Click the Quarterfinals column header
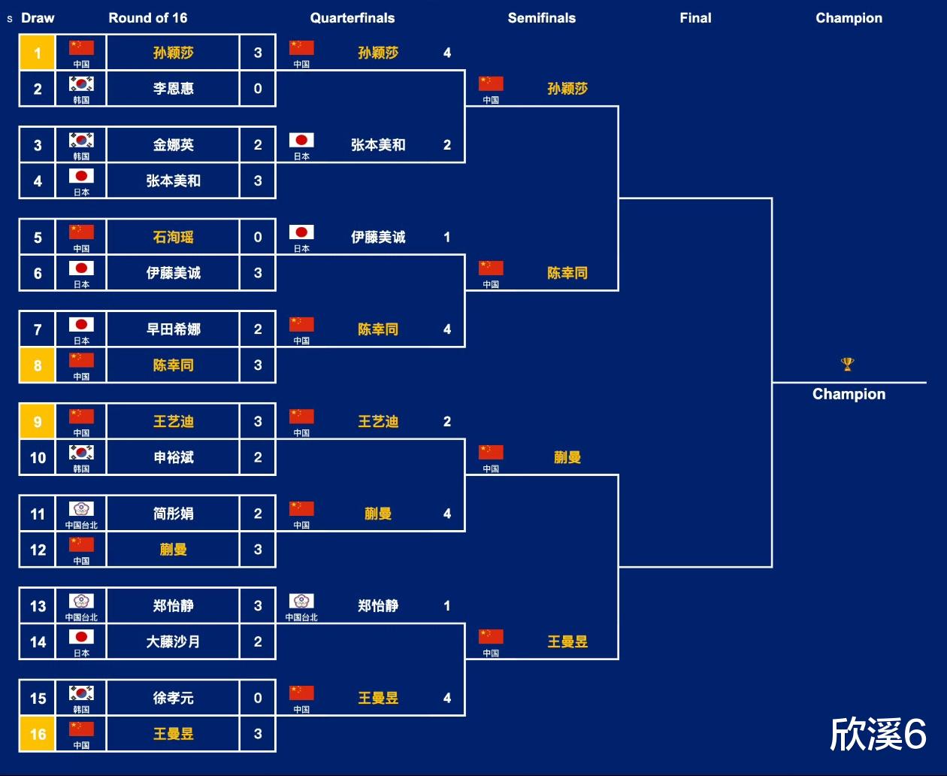(352, 18)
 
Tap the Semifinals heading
(541, 18)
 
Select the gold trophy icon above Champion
(848, 365)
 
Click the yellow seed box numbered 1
(38, 53)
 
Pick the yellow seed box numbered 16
(38, 734)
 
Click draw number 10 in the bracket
(38, 457)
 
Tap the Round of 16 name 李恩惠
(174, 89)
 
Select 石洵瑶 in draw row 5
(174, 237)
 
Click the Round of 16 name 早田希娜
(174, 329)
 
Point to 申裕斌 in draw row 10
(174, 457)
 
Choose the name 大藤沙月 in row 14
(174, 641)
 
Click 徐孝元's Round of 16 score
(258, 698)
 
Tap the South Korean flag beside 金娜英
(81, 140)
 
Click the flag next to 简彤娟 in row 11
(81, 509)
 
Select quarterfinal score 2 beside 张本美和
(447, 145)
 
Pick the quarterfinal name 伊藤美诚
(378, 237)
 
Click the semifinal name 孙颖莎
(567, 89)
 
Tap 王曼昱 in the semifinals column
(567, 641)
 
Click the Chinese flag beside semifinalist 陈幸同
(491, 268)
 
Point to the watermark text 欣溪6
(878, 734)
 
